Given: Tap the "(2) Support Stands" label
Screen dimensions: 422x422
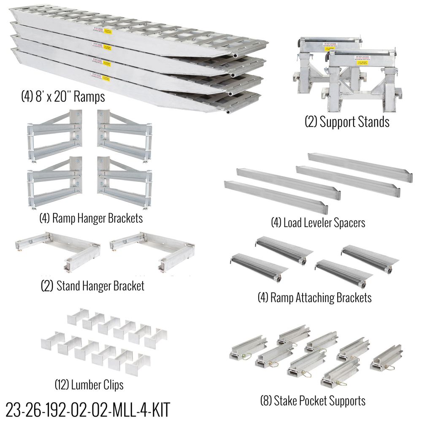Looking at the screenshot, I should click(347, 122).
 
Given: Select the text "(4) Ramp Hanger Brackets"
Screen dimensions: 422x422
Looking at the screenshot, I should click(91, 218).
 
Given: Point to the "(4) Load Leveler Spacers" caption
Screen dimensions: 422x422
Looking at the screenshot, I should click(318, 222).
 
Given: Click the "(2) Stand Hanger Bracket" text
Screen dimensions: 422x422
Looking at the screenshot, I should click(92, 286).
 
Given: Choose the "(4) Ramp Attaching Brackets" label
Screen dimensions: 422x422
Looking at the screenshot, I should click(314, 298).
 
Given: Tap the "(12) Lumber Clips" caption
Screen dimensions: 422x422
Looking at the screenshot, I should click(89, 384).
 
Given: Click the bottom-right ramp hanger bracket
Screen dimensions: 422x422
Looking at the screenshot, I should click(124, 182).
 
